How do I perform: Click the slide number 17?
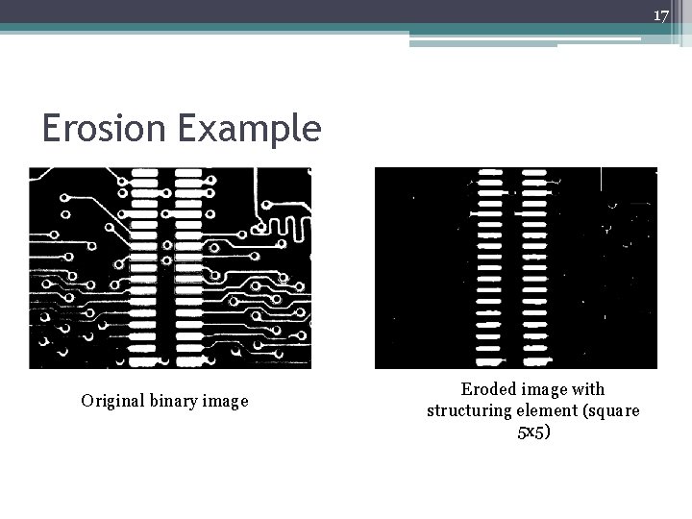coord(660,15)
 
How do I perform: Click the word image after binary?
coord(223,401)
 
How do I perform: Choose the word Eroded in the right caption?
coord(488,389)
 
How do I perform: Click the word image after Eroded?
coord(546,389)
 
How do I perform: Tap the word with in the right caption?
coord(588,389)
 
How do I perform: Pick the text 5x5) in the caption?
coord(533,432)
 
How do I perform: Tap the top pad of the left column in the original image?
coord(143,173)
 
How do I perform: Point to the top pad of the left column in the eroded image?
coord(490,174)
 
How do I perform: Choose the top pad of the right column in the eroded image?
coord(533,174)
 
